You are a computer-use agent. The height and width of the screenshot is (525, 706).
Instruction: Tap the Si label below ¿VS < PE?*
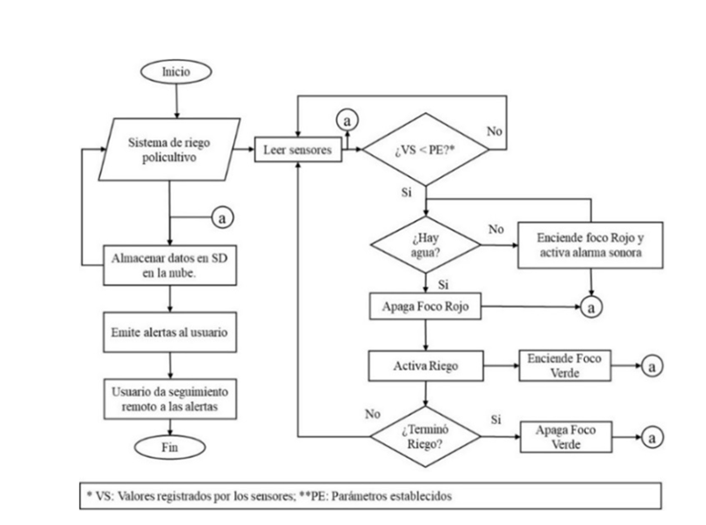405,192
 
